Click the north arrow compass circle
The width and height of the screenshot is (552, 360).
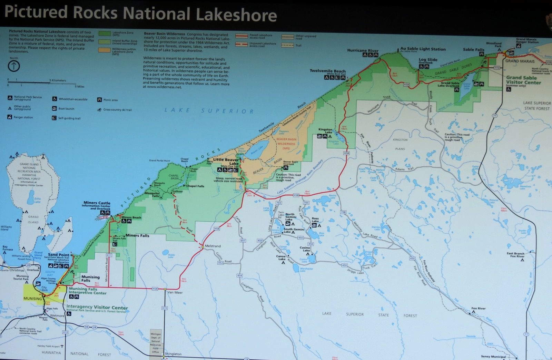point(14,66)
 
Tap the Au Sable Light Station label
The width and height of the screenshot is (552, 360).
point(423,49)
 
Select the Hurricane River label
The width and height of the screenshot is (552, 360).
point(363,50)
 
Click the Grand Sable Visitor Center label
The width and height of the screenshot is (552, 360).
point(523,80)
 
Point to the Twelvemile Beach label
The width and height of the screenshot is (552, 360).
point(327,71)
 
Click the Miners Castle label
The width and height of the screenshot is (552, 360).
point(97,203)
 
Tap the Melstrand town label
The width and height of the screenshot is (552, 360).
point(213,246)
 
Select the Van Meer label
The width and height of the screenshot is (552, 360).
point(175,292)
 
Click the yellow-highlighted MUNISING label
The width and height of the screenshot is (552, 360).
point(32,299)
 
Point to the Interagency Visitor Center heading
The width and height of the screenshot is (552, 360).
point(97,307)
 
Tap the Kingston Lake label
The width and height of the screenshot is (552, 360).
point(325,131)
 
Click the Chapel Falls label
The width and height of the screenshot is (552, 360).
point(195,186)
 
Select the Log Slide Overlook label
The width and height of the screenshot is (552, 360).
point(428,60)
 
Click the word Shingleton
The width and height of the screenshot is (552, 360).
point(173,354)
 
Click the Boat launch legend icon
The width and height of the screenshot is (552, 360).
point(55,108)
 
